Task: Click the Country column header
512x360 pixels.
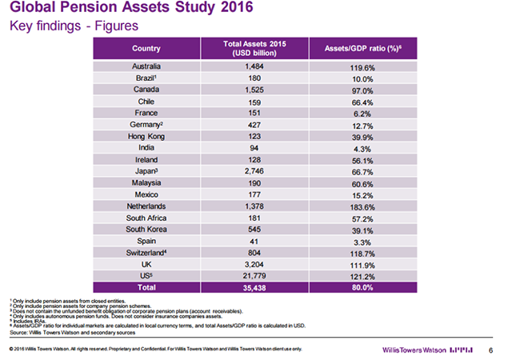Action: tap(146, 48)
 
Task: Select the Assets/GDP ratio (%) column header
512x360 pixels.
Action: tap(362, 48)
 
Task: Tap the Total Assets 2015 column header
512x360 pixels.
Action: tap(254, 48)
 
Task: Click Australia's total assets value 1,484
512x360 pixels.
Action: tap(254, 66)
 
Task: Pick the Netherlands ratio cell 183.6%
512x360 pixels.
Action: tap(362, 207)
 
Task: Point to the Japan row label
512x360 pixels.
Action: tap(146, 171)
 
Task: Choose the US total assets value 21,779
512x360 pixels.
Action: tap(254, 276)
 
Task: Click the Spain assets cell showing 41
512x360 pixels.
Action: tap(254, 242)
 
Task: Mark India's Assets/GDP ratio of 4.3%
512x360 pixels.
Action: tap(362, 150)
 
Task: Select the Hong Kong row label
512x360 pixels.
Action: tap(146, 136)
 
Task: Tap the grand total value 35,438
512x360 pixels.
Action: tap(254, 288)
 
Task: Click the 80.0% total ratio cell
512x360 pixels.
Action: tap(362, 287)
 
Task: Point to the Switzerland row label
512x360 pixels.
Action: tap(146, 253)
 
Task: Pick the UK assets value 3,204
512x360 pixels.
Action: tap(254, 264)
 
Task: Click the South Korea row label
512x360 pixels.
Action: tap(146, 230)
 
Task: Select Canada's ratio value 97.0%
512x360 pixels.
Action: tap(362, 91)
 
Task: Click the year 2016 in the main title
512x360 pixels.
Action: tap(237, 7)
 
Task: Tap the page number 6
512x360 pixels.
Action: tap(490, 350)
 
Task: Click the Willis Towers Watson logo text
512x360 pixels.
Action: tap(414, 350)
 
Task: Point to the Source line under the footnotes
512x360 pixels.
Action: tap(73, 333)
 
